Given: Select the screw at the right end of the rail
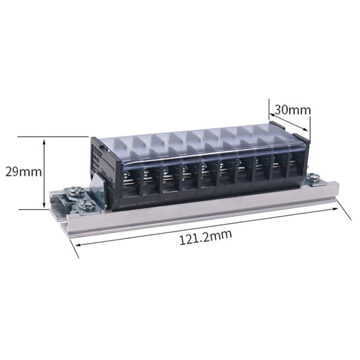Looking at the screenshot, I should (x=313, y=178).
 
